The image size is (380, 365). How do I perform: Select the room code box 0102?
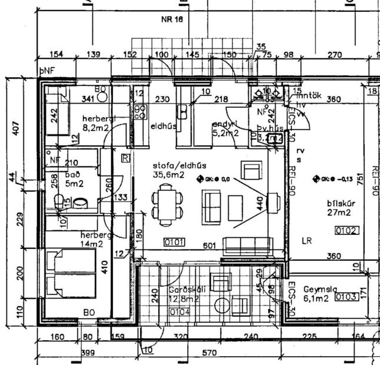[x=346, y=231]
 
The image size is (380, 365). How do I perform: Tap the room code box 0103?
[x=346, y=297]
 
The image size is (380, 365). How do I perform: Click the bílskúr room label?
[x=341, y=204]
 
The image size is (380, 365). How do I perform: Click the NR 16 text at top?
[x=172, y=19]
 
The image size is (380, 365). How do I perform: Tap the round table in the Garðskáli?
[x=222, y=306]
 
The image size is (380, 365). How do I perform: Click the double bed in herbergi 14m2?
[x=70, y=273]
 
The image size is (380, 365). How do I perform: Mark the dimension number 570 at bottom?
[x=210, y=353]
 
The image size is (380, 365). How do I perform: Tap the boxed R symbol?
[x=124, y=157]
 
